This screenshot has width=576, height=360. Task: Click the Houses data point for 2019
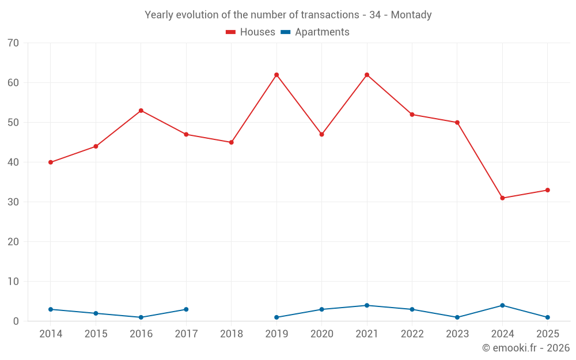[x=276, y=75]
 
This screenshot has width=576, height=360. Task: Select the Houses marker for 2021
[x=367, y=75]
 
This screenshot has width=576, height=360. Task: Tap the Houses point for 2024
[x=502, y=198]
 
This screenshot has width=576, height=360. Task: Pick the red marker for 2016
[x=141, y=111]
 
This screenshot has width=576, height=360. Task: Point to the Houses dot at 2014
[x=51, y=162]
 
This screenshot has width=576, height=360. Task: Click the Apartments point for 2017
[x=186, y=309]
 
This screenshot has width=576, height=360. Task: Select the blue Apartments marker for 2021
[x=367, y=305]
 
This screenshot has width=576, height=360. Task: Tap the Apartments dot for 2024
[x=502, y=305]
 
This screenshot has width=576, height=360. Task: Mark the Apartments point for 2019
[x=276, y=317]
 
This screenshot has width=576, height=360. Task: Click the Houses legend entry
[x=251, y=32]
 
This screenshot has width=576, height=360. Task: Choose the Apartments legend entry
[x=315, y=32]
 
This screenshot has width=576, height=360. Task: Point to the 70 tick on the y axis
[x=13, y=43]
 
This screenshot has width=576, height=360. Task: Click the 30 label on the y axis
[x=13, y=202]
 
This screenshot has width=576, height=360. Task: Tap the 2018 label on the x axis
[x=232, y=334]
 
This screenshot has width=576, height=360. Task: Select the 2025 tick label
[x=548, y=334]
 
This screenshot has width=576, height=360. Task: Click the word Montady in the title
[x=411, y=15]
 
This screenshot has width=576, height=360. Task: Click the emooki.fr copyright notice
[x=526, y=347]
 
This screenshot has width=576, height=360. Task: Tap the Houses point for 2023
[x=457, y=123]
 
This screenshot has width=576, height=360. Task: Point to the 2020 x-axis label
[x=322, y=334]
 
